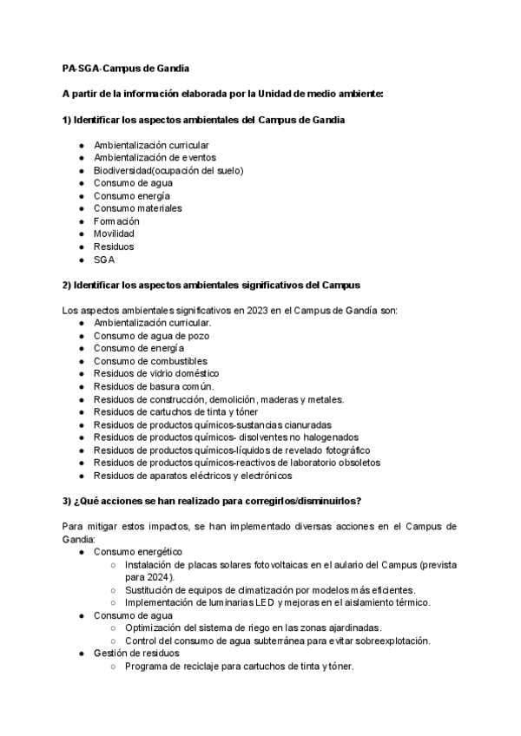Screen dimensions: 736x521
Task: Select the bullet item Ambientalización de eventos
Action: click(x=155, y=157)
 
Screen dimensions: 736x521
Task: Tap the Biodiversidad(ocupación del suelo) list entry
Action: click(x=168, y=170)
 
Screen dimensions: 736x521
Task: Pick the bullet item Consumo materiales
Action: click(x=137, y=208)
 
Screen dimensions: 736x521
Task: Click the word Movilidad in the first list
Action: click(x=114, y=233)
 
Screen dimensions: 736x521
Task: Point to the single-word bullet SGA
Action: click(x=104, y=259)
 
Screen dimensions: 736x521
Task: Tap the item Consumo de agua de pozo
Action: click(x=151, y=335)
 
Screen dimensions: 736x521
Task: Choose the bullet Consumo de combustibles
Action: click(x=150, y=361)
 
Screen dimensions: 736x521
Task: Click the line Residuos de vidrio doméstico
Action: click(x=156, y=374)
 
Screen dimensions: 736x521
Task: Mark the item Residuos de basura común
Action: click(x=153, y=386)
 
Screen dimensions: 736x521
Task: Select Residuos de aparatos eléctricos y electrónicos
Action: click(x=193, y=476)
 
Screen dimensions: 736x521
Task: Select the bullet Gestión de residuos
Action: click(x=136, y=653)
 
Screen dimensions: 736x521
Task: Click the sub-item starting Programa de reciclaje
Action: click(x=239, y=666)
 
